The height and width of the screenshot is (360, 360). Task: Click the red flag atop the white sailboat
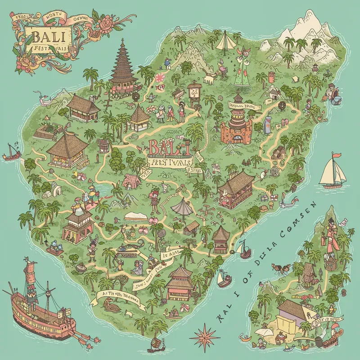[x=334, y=156]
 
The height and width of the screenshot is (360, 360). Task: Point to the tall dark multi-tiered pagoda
[x=123, y=67]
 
